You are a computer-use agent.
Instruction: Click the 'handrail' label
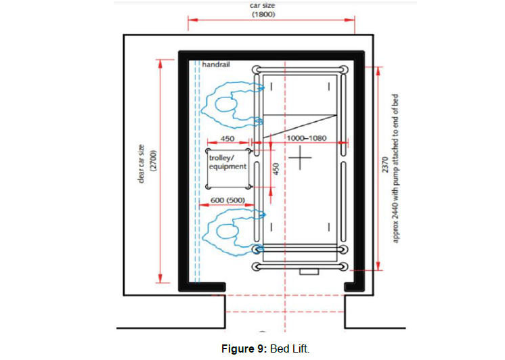pyautogui.click(x=216, y=64)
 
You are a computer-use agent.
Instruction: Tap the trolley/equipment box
pyautogui.click(x=228, y=168)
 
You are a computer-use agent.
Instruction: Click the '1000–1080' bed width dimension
pyautogui.click(x=307, y=138)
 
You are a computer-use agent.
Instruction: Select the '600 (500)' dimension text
pyautogui.click(x=227, y=200)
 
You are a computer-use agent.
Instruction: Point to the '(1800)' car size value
pyautogui.click(x=263, y=14)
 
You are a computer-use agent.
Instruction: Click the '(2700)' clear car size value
pyautogui.click(x=153, y=160)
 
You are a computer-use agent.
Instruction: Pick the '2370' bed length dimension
pyautogui.click(x=385, y=164)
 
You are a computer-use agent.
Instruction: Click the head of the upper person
pyautogui.click(x=226, y=105)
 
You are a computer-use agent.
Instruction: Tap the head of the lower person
pyautogui.click(x=227, y=231)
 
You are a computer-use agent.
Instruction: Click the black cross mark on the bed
pyautogui.click(x=300, y=158)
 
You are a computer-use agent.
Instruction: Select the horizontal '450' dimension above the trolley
pyautogui.click(x=227, y=139)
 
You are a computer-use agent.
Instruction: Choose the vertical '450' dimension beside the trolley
pyautogui.click(x=276, y=168)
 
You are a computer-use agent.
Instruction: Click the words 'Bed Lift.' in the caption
pyautogui.click(x=290, y=349)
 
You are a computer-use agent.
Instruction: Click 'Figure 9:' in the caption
pyautogui.click(x=244, y=349)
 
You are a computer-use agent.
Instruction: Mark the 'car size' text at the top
pyautogui.click(x=263, y=5)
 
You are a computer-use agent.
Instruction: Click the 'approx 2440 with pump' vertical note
pyautogui.click(x=396, y=168)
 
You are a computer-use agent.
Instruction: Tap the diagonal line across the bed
pyautogui.click(x=300, y=127)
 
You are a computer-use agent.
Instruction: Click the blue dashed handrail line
pyautogui.click(x=197, y=171)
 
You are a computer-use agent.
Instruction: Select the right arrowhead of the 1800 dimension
pyautogui.click(x=350, y=20)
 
